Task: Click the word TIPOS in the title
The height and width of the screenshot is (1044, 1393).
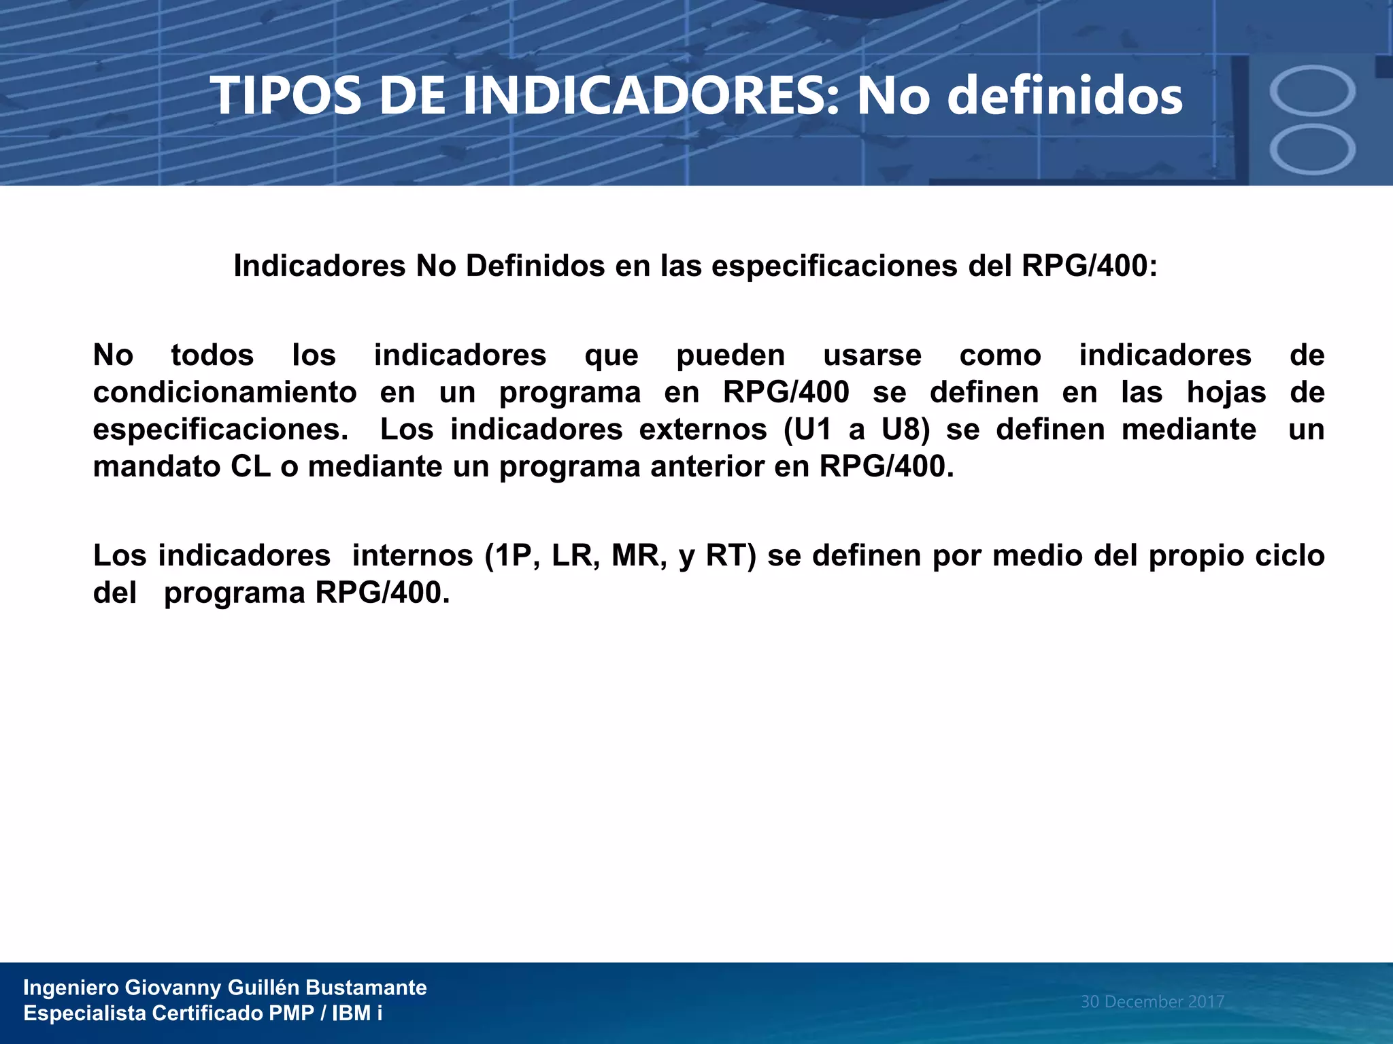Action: [x=286, y=96]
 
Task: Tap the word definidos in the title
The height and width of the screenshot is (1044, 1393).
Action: [x=1064, y=96]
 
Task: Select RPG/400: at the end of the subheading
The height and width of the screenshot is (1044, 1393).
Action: [x=1089, y=266]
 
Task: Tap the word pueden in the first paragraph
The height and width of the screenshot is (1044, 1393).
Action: [x=731, y=355]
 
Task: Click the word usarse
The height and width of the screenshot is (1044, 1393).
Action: [x=872, y=355]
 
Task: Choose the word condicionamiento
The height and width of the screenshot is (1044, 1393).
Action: [x=225, y=393]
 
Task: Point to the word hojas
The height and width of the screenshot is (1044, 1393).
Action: [x=1226, y=393]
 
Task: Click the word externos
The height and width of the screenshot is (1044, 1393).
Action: [x=703, y=430]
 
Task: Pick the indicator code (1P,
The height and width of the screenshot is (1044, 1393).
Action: [x=513, y=556]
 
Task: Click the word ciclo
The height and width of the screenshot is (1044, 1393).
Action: [x=1290, y=556]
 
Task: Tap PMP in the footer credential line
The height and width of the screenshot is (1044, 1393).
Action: [x=291, y=1013]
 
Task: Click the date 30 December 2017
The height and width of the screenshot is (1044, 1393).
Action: [x=1152, y=1002]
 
